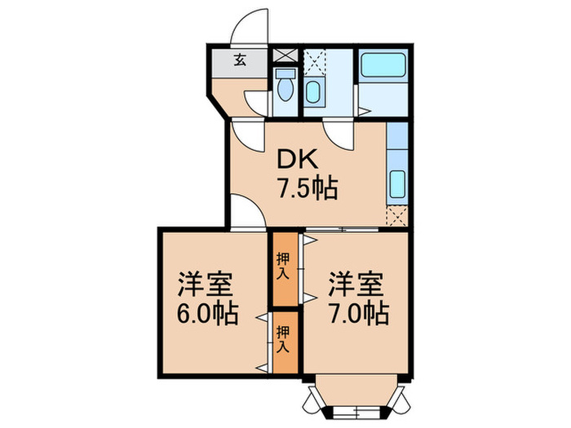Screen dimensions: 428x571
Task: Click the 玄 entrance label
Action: [x=240, y=59]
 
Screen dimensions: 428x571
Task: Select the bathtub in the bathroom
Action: [x=382, y=64]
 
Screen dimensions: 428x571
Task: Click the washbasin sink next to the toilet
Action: [x=314, y=91]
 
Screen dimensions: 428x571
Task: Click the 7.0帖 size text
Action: [x=359, y=312]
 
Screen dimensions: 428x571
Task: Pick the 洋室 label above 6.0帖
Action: [x=209, y=285]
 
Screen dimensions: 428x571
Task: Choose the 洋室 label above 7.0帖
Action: [x=358, y=285]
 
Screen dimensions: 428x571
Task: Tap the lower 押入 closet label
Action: [x=283, y=338]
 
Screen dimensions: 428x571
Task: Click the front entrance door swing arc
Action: [x=248, y=27]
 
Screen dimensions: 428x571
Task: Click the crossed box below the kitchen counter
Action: [x=398, y=216]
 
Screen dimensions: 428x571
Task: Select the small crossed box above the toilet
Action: [x=284, y=56]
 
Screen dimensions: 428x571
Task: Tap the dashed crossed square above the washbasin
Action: [x=314, y=61]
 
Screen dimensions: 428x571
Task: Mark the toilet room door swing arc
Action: [x=258, y=101]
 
